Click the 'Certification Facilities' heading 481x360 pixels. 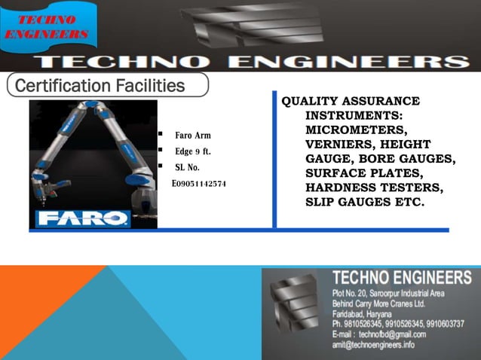pos(100,85)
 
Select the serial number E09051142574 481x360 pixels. pos(199,183)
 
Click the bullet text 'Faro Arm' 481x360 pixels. pos(193,136)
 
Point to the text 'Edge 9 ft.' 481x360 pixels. pos(192,151)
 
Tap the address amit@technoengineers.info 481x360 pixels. pos(373,345)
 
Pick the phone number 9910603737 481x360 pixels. pos(452,323)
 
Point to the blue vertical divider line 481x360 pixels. pos(275,162)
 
